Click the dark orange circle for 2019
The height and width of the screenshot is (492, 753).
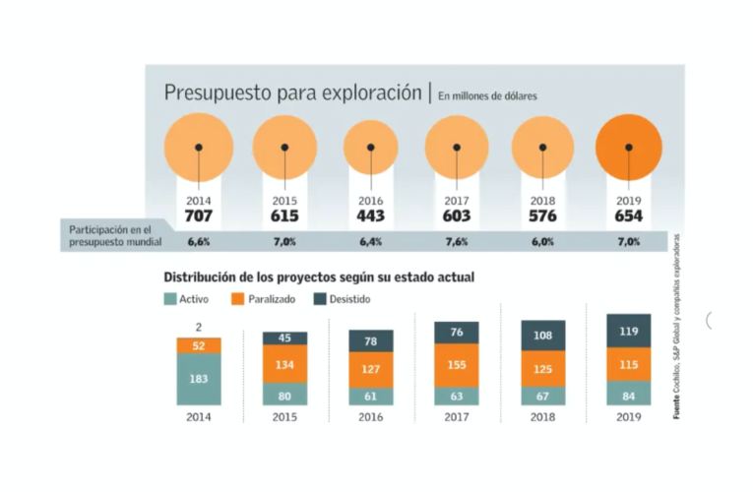(x=628, y=148)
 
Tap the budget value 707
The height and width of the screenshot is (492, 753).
(x=198, y=215)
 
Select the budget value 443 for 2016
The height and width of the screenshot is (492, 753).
(x=370, y=215)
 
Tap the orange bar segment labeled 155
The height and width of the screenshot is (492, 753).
(x=456, y=364)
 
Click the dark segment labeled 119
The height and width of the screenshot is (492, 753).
(x=628, y=332)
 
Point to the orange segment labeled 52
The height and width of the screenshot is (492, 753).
(x=198, y=345)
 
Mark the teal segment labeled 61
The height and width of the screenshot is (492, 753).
(x=370, y=397)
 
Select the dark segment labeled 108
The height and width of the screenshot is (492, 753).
(x=542, y=335)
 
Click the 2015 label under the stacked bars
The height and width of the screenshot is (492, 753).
(x=283, y=417)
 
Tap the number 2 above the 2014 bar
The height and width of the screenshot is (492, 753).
(x=198, y=328)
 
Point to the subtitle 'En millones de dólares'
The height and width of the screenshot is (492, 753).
(x=486, y=95)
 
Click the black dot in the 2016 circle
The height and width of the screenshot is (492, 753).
(x=370, y=148)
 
